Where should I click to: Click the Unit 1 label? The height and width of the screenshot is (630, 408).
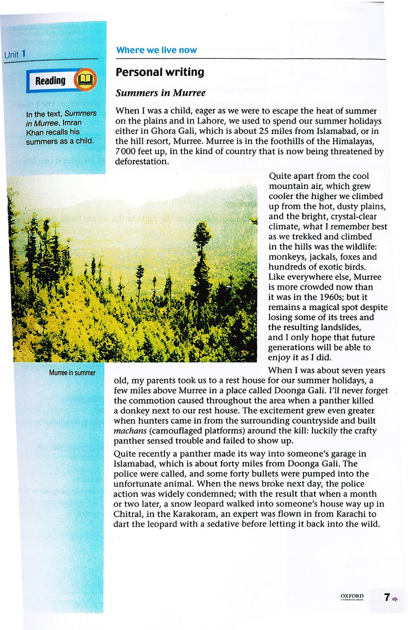pyautogui.click(x=15, y=54)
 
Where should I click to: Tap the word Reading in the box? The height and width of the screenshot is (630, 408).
pyautogui.click(x=50, y=81)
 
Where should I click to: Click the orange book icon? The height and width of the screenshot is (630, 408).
pyautogui.click(x=86, y=80)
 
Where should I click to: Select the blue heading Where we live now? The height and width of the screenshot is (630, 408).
pyautogui.click(x=156, y=50)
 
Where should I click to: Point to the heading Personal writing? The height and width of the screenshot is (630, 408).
pyautogui.click(x=160, y=72)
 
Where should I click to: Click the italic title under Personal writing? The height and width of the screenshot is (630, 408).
pyautogui.click(x=160, y=93)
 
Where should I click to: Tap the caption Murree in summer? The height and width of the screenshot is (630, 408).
pyautogui.click(x=72, y=373)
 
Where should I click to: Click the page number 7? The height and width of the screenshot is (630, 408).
pyautogui.click(x=386, y=597)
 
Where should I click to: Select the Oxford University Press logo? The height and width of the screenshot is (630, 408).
pyautogui.click(x=352, y=597)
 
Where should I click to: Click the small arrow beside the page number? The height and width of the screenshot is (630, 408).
pyautogui.click(x=395, y=599)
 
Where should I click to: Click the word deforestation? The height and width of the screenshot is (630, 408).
pyautogui.click(x=142, y=161)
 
